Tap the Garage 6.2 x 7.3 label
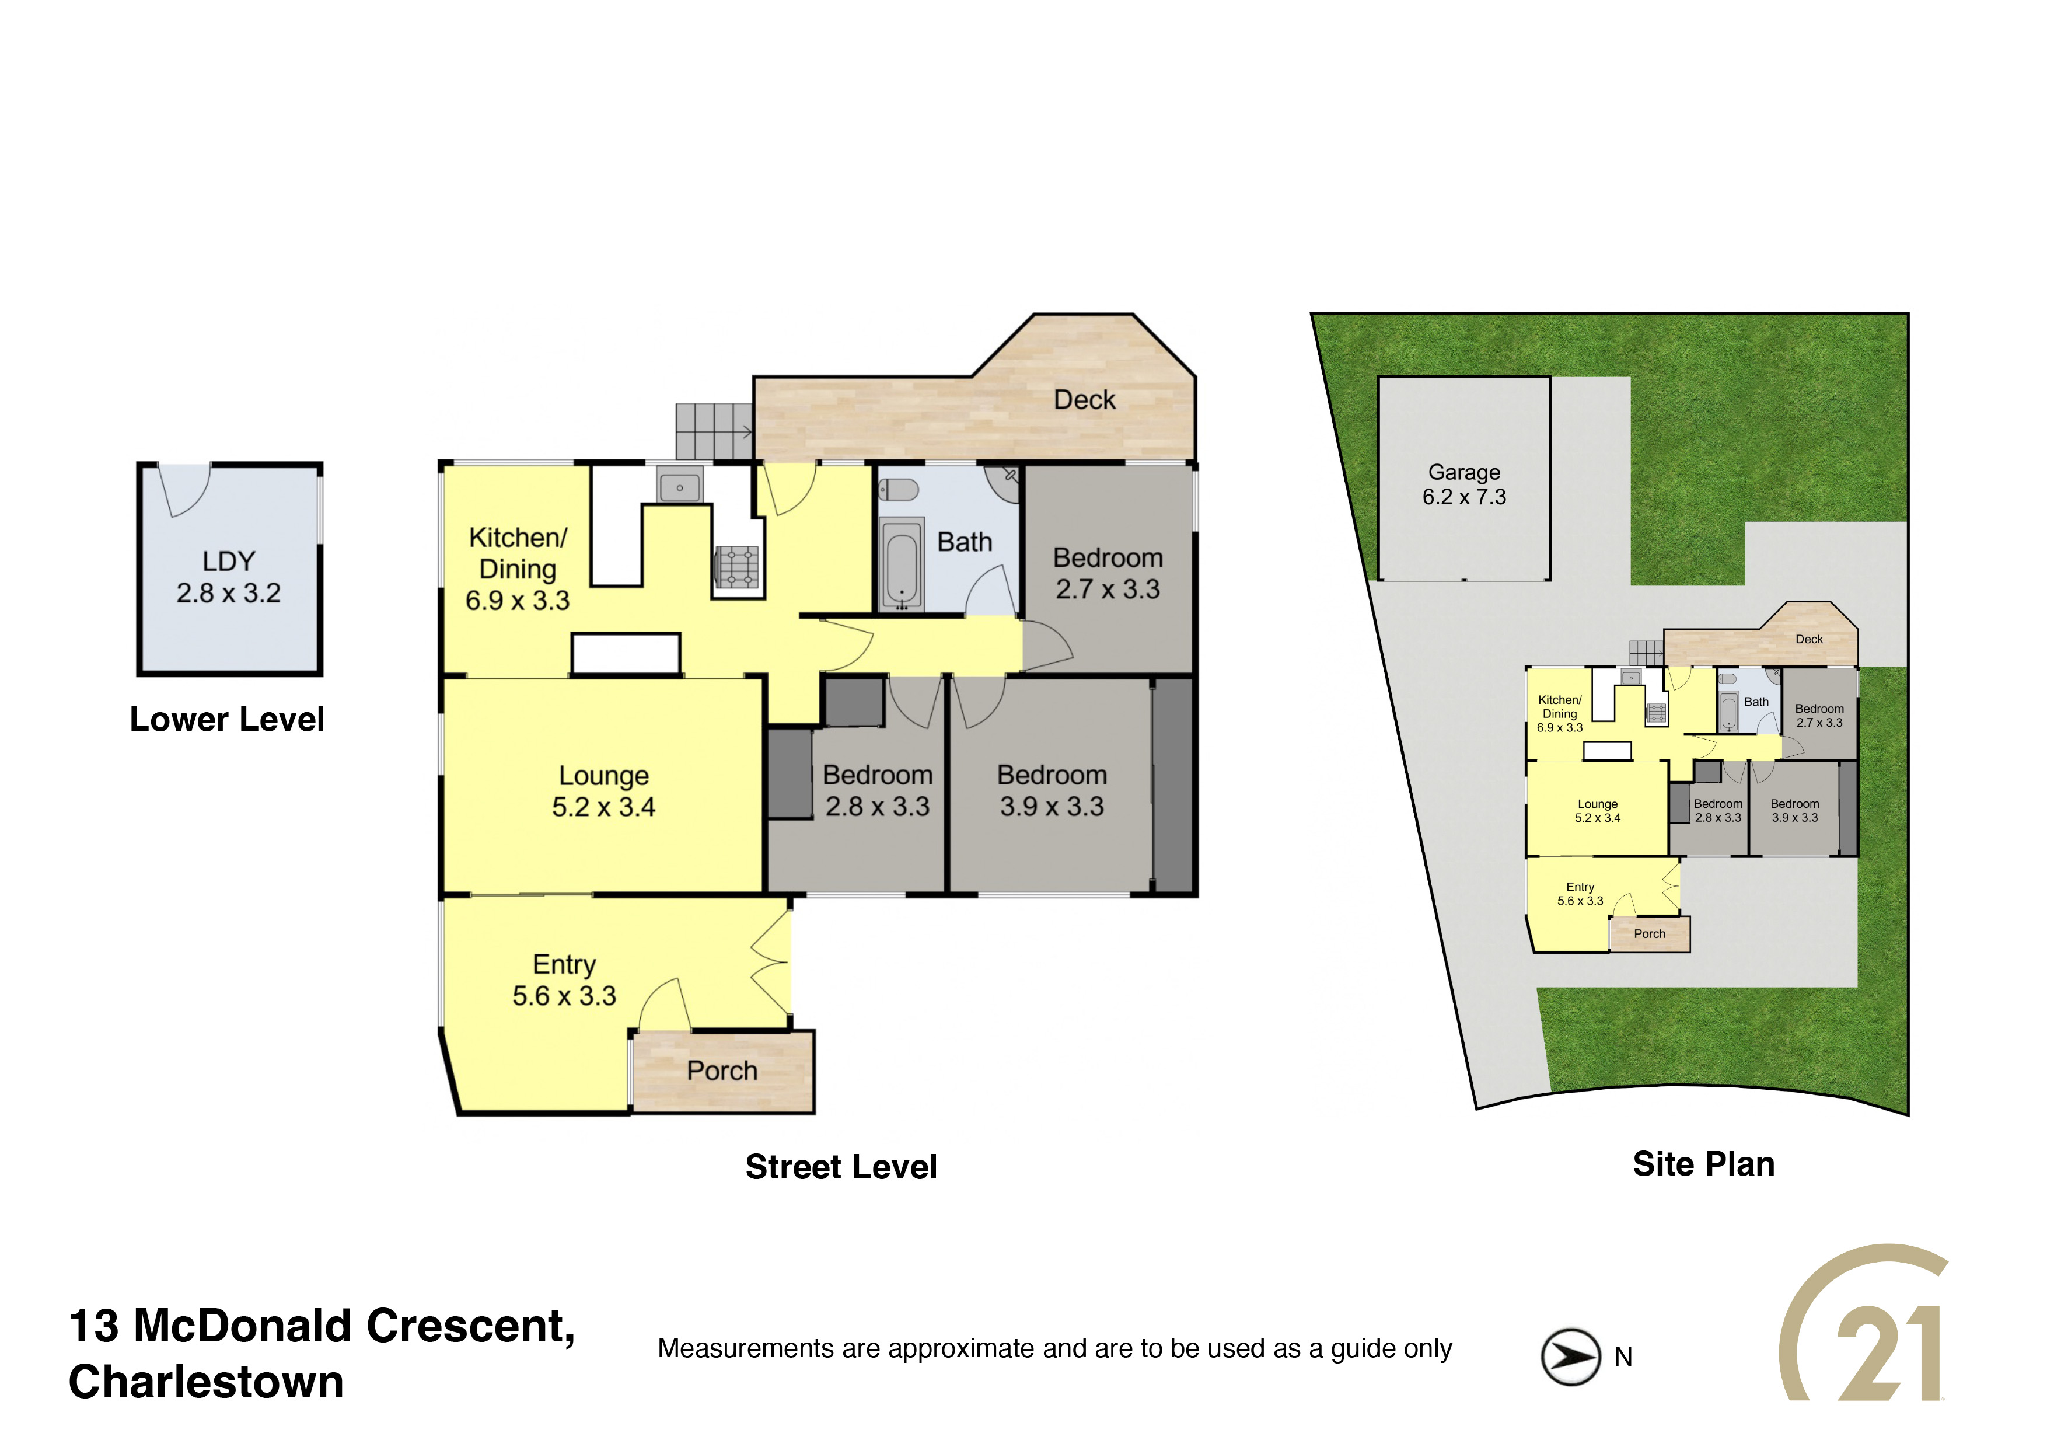click(1464, 484)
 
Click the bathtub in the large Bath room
click(902, 564)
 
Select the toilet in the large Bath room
click(899, 490)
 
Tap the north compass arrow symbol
click(1570, 1357)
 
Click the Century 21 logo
click(1863, 1324)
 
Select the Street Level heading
click(841, 1167)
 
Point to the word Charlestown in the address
click(206, 1382)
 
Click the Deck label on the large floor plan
click(1084, 399)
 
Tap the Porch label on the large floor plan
click(722, 1071)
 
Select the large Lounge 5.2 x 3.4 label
click(603, 791)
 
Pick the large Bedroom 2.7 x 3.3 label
click(1108, 573)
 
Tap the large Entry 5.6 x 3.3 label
click(564, 980)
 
